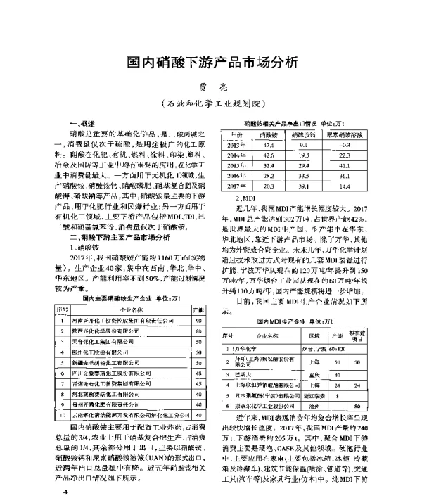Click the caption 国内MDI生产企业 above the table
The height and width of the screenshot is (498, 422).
[295, 321]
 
